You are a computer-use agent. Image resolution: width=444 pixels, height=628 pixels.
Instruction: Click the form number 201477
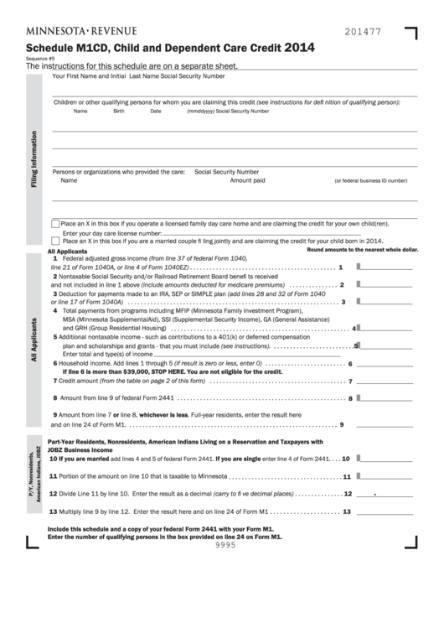click(362, 31)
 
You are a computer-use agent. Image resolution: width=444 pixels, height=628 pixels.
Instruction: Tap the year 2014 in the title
click(299, 49)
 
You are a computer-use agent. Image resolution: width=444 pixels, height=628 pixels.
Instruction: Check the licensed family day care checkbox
click(55, 224)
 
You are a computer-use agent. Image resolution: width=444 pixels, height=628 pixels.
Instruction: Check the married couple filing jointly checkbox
click(55, 240)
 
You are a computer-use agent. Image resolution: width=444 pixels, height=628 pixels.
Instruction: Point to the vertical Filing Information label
click(34, 158)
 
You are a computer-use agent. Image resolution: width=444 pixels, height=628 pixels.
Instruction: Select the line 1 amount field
click(387, 267)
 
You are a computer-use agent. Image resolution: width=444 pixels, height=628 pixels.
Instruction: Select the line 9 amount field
click(387, 424)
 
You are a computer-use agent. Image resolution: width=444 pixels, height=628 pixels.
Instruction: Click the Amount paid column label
click(247, 180)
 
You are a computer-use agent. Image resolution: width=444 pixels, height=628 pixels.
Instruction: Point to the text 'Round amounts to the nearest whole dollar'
click(362, 250)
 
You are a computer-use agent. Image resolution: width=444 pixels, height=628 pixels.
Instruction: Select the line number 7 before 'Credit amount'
click(55, 380)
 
